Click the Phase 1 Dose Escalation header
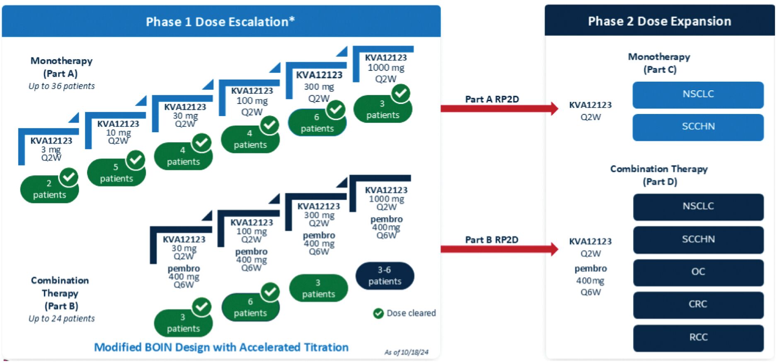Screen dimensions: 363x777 click(x=220, y=22)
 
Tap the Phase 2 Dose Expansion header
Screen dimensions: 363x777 click(x=659, y=21)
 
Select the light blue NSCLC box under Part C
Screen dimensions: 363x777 click(x=698, y=94)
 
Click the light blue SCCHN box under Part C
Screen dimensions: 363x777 click(x=698, y=127)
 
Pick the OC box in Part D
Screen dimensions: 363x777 click(x=698, y=272)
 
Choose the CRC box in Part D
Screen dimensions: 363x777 click(x=698, y=305)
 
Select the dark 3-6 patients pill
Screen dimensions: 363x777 click(x=385, y=276)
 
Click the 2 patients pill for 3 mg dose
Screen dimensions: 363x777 click(x=49, y=190)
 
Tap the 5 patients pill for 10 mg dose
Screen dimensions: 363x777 click(x=116, y=173)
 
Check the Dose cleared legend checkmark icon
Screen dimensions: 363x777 click(x=378, y=313)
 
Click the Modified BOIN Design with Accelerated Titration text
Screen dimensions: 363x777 click(x=221, y=347)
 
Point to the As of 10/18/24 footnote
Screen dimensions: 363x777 click(x=406, y=352)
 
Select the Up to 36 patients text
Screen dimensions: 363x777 click(x=61, y=86)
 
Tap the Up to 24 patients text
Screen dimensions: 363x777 click(x=61, y=319)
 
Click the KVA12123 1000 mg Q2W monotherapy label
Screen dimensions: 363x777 click(x=386, y=68)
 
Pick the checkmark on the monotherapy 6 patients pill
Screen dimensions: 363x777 click(x=336, y=110)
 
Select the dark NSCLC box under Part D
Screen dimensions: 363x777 click(x=698, y=207)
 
